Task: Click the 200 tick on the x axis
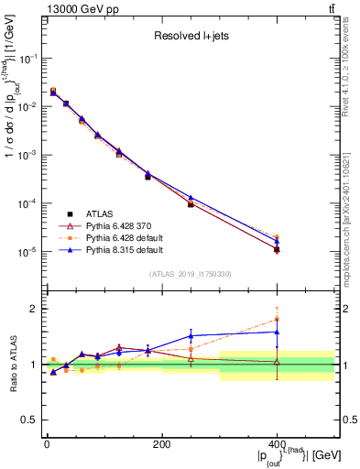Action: click(x=161, y=445)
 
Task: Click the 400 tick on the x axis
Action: click(x=277, y=445)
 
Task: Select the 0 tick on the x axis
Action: click(x=47, y=445)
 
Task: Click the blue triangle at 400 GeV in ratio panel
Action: click(x=277, y=332)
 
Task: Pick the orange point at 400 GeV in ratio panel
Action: click(x=277, y=319)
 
